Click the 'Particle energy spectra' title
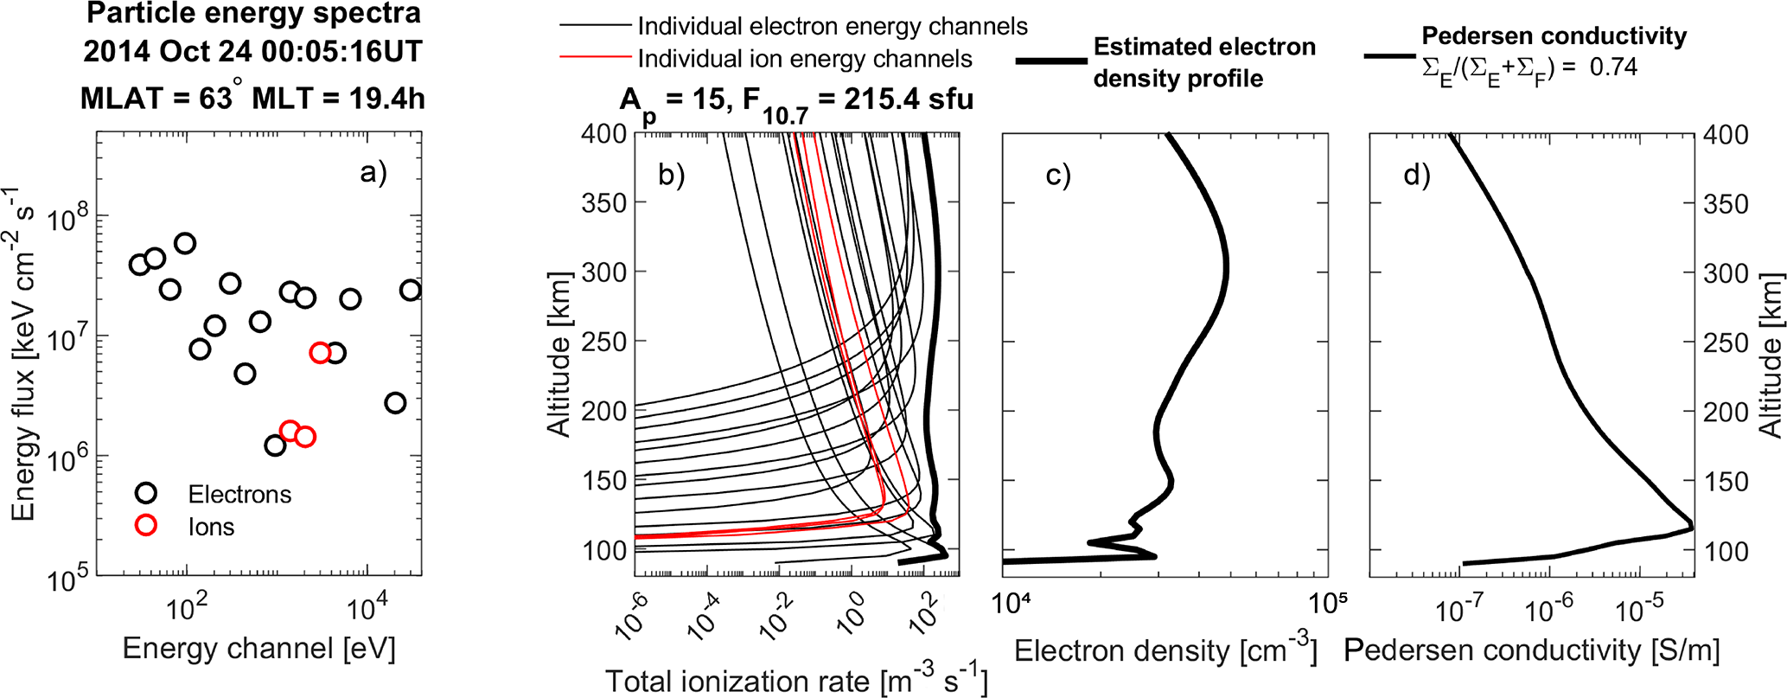pos(253,14)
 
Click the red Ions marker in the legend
pos(146,525)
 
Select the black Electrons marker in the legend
pos(146,493)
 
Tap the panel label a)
pos(373,173)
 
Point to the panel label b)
pos(671,175)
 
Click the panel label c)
pos(1057,175)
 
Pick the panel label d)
pos(1416,175)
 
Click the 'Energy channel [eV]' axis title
pos(258,649)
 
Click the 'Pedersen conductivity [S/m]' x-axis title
pos(1531,650)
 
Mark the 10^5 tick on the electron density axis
pos(1324,604)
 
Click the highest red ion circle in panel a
pos(320,352)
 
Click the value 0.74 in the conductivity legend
pos(1613,67)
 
